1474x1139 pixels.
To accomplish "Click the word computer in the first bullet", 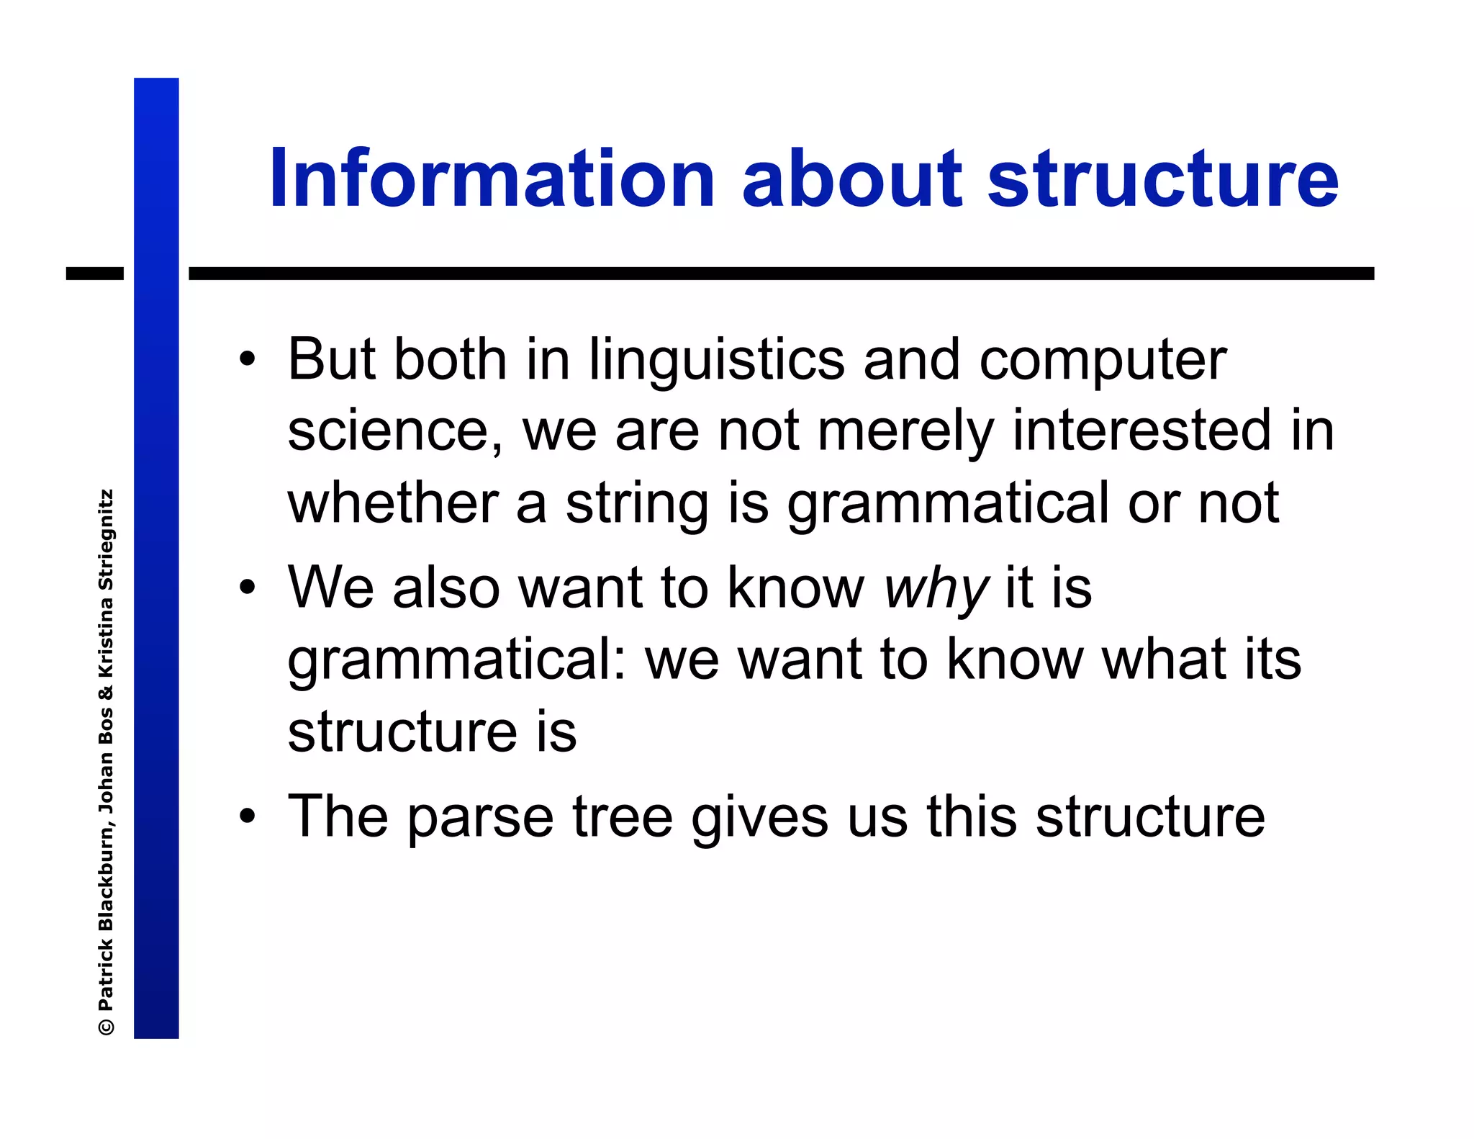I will click(x=1103, y=360).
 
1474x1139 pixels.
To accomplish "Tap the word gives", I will click(x=759, y=818).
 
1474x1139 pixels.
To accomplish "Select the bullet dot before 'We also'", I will click(x=248, y=587).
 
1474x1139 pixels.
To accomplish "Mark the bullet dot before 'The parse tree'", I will click(x=248, y=816).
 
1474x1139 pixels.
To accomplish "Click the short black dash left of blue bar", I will click(x=94, y=274).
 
